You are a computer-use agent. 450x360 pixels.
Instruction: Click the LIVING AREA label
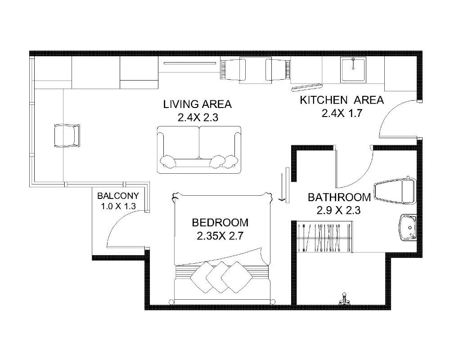point(198,104)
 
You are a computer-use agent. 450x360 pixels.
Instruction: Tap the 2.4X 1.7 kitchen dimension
point(342,113)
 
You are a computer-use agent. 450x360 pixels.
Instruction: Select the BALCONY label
point(118,196)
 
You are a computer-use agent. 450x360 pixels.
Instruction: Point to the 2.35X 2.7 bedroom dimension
point(220,236)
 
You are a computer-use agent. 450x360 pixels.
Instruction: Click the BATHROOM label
point(339,198)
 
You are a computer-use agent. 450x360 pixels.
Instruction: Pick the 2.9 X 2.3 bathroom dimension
point(339,211)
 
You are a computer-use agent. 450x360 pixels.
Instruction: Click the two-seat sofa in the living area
point(199,149)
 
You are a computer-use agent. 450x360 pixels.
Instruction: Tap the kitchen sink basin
point(353,69)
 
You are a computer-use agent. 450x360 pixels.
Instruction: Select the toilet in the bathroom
point(395,190)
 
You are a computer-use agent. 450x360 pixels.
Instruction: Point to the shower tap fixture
point(344,299)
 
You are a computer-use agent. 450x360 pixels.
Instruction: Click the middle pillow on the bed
point(221,277)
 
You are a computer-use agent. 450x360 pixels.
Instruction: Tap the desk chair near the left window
point(67,136)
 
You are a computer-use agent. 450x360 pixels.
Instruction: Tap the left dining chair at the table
point(233,70)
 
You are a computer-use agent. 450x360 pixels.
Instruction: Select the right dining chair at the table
point(278,70)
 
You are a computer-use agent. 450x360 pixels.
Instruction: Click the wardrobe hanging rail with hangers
point(324,237)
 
